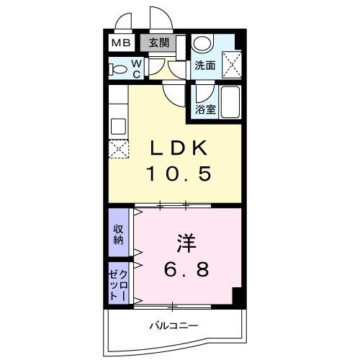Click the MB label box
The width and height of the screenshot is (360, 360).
tap(120, 42)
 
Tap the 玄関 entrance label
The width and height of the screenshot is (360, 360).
tap(158, 42)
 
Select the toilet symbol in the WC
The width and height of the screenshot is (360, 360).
tap(117, 69)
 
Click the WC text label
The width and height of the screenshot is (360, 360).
tap(138, 68)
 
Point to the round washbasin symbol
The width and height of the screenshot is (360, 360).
tap(202, 43)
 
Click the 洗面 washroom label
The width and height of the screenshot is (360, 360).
tap(205, 66)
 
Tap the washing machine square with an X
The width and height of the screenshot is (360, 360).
tap(232, 62)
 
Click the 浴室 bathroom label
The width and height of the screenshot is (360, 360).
tap(206, 109)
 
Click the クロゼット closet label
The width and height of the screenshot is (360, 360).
tap(118, 284)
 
